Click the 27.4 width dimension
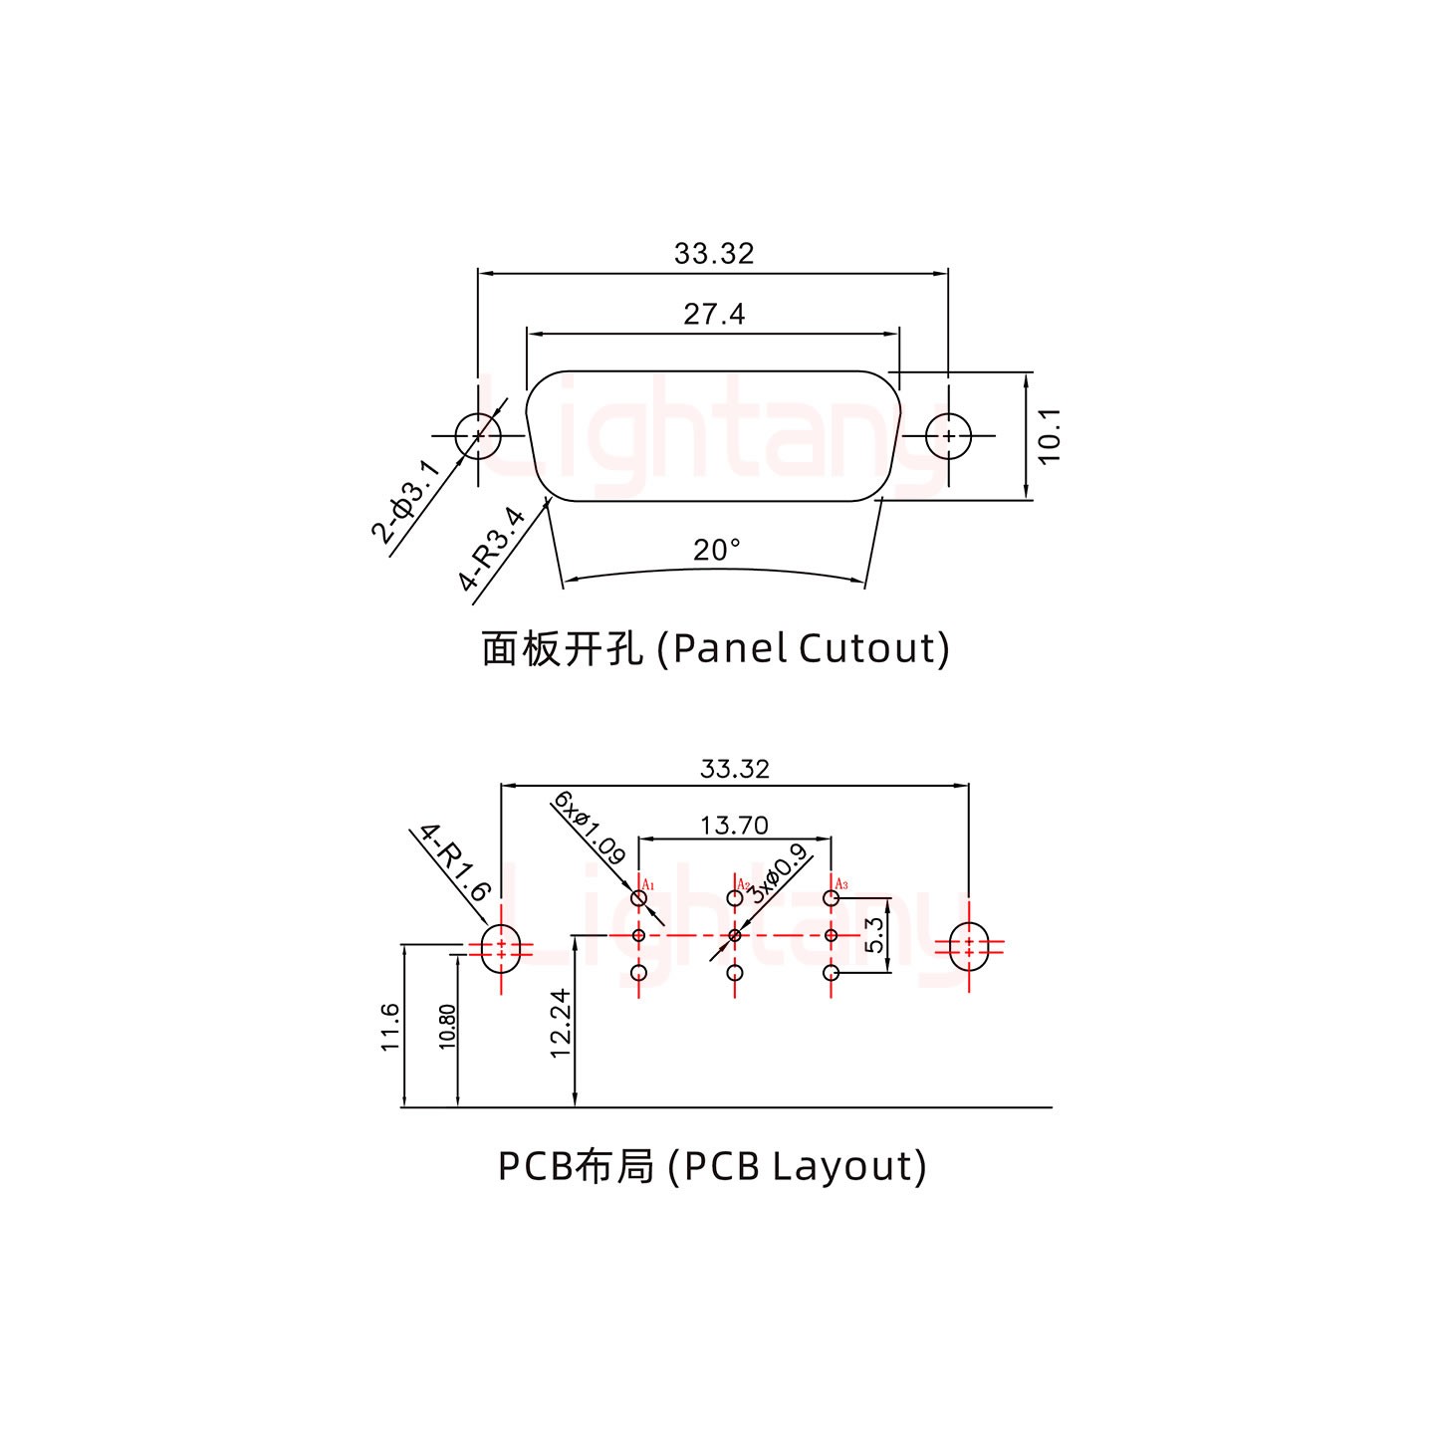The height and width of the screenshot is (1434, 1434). pos(714,315)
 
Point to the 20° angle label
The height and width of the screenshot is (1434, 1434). pos(716,550)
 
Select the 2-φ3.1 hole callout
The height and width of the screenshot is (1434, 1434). pos(403,501)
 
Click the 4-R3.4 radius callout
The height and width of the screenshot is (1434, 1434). pos(492,549)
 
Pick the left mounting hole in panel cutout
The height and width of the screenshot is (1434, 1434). pos(478,436)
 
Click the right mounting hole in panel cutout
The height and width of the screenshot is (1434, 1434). pos(949,436)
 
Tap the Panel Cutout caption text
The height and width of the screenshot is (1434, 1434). pos(715,648)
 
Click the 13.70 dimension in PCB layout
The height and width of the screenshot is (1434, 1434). pos(734,825)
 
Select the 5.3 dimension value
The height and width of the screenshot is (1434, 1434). pos(874,935)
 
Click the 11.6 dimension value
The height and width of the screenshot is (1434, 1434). pos(389,1027)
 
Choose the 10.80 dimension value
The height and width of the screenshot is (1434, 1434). pos(447,1027)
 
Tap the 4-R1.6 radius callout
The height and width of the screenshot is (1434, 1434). pos(454,862)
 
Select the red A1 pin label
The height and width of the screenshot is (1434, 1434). pos(647,884)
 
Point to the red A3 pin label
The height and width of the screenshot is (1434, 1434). pos(841,884)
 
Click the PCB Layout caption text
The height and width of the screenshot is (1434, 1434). pos(712,1165)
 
